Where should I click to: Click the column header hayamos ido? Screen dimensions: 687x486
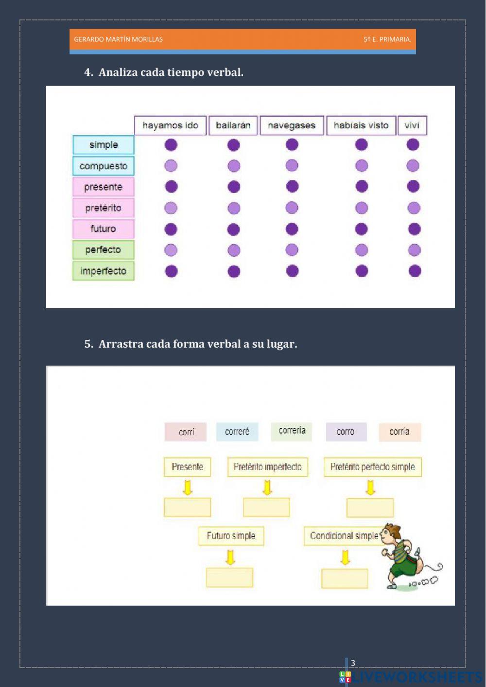(170, 125)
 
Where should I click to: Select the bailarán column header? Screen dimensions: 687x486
(233, 125)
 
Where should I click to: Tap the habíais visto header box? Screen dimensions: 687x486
(361, 125)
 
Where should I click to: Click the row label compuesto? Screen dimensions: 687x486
(104, 166)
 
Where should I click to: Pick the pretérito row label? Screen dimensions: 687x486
(104, 208)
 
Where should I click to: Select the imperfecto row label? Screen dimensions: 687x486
(104, 271)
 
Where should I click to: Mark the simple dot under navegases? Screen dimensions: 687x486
(292, 144)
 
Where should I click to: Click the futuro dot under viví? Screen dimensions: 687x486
(414, 229)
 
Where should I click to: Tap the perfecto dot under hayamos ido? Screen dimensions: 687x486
(171, 250)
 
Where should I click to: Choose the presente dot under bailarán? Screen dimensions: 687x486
(234, 187)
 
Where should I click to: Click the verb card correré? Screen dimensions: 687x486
(237, 432)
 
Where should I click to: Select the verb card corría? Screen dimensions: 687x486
(399, 432)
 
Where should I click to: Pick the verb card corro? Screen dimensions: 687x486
(346, 432)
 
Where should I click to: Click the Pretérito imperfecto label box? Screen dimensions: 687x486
(267, 467)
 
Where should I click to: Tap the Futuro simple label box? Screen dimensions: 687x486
(231, 536)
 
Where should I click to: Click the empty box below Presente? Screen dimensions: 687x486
(188, 507)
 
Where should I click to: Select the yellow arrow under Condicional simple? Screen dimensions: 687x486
(345, 557)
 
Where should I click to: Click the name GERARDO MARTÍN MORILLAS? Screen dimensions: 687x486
(118, 39)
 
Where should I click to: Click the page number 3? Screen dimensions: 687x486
(353, 663)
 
